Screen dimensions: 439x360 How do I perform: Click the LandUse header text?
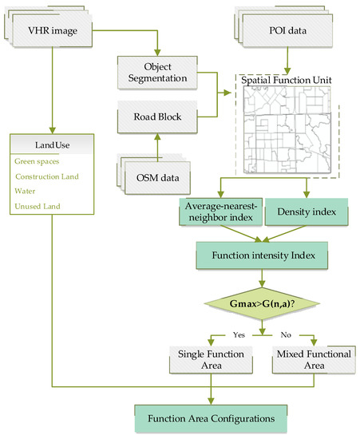tap(49, 144)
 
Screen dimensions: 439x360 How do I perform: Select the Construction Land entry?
tap(48, 176)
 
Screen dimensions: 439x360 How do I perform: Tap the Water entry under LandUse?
tap(26, 192)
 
